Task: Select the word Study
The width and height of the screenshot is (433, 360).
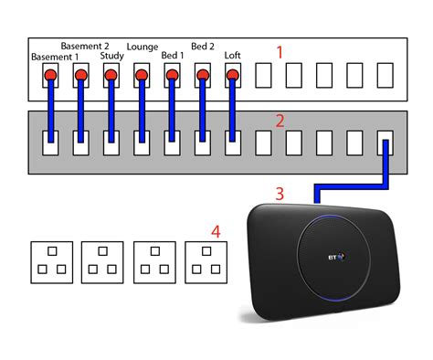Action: click(112, 57)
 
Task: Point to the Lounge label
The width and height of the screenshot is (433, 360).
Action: click(143, 46)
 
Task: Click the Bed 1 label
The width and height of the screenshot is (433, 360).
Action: click(173, 57)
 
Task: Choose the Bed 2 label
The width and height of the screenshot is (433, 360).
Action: click(203, 46)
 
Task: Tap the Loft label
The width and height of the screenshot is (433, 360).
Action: click(233, 57)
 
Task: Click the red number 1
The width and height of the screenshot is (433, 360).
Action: click(280, 53)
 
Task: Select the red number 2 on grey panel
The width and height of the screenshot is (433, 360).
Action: click(280, 120)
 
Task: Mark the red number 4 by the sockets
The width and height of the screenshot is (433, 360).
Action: click(216, 231)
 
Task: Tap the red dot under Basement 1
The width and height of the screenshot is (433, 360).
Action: click(51, 73)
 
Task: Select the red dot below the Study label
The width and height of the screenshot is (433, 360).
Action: click(111, 73)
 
